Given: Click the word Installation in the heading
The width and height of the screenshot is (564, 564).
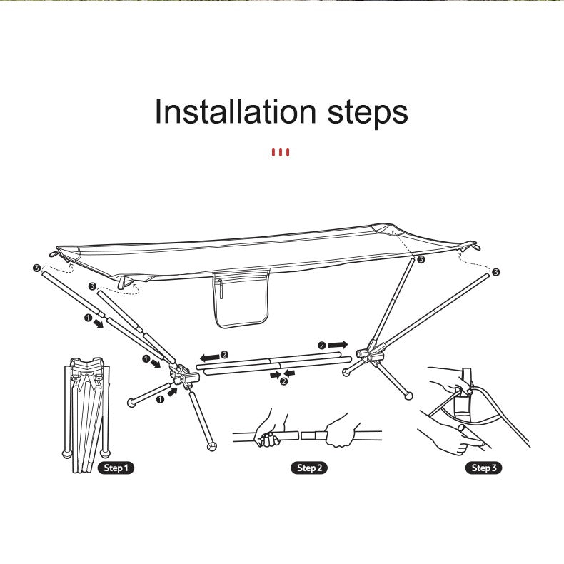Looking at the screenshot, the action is pyautogui.click(x=236, y=111).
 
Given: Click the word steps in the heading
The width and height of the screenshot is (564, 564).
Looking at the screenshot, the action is pyautogui.click(x=368, y=113).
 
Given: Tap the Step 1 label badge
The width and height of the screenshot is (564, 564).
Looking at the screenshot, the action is pyautogui.click(x=116, y=468).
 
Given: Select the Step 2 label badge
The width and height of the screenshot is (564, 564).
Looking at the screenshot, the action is pyautogui.click(x=309, y=468).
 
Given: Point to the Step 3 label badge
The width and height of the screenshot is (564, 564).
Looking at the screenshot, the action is pyautogui.click(x=484, y=468).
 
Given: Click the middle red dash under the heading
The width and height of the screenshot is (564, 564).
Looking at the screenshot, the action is pyautogui.click(x=280, y=153).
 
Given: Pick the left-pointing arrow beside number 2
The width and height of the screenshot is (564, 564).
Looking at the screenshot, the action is pyautogui.click(x=210, y=358).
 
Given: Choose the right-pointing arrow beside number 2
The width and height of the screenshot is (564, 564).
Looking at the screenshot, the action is pyautogui.click(x=338, y=345).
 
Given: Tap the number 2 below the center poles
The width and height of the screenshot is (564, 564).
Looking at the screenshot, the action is pyautogui.click(x=283, y=381).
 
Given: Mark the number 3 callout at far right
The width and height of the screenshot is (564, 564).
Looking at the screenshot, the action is pyautogui.click(x=495, y=272).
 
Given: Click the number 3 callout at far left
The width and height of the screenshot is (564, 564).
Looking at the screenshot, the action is pyautogui.click(x=36, y=268).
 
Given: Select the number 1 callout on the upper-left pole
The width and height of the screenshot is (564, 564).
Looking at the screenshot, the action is pyautogui.click(x=88, y=318).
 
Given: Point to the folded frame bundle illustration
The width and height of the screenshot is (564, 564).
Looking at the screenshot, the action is pyautogui.click(x=86, y=415).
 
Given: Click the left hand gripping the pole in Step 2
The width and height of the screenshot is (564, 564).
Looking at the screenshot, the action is pyautogui.click(x=268, y=430).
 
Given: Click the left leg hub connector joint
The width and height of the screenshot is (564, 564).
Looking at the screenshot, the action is pyautogui.click(x=183, y=376).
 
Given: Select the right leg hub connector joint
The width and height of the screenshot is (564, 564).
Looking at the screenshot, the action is pyautogui.click(x=371, y=353).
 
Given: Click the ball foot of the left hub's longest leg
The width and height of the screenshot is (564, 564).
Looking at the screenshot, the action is pyautogui.click(x=212, y=447).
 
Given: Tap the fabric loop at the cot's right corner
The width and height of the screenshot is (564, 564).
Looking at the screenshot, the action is pyautogui.click(x=473, y=247).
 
